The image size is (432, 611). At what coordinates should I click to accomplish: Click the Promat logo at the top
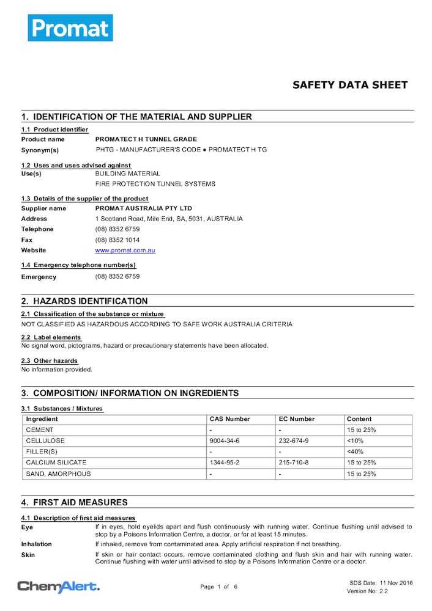point(70,27)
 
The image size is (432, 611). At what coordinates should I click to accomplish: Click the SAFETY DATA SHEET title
point(349,85)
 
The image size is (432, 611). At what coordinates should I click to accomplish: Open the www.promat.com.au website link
point(125,251)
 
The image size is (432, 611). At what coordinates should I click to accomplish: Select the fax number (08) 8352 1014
point(117,240)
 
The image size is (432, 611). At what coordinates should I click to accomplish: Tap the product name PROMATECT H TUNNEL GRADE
point(146,139)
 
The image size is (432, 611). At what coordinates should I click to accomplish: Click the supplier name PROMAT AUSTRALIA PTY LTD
point(144,208)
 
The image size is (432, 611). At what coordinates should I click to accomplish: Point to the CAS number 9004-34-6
point(225,441)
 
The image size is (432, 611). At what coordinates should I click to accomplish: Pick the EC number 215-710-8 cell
point(294,463)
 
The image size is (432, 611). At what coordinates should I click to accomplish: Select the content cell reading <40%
point(355,452)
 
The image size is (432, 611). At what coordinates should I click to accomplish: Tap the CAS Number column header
point(229,419)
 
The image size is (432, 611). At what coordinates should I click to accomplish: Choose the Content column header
point(359,419)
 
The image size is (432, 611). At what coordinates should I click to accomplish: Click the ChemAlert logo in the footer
point(58,587)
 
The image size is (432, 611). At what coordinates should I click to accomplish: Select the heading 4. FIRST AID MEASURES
point(75,502)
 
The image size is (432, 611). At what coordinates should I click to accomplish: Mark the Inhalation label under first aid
point(37,544)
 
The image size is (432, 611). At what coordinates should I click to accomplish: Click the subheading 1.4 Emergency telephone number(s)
point(78,265)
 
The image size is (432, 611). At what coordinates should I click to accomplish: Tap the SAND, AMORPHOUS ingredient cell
point(58,474)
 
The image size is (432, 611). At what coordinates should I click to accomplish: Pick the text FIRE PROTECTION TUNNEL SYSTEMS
point(155,183)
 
